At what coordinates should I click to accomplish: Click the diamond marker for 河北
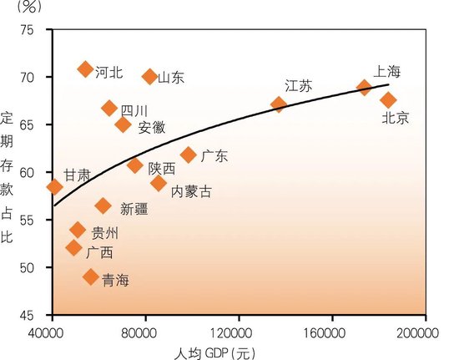click(85, 68)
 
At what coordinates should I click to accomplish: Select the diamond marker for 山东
click(150, 77)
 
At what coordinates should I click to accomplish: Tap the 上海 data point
click(364, 87)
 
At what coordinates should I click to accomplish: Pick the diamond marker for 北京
click(388, 100)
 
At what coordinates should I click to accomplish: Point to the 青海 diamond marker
click(91, 277)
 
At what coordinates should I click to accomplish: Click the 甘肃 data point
click(54, 187)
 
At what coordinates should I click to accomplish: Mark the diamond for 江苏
click(279, 104)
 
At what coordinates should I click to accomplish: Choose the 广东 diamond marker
click(189, 155)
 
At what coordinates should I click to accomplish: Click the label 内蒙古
click(191, 191)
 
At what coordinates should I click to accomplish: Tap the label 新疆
click(136, 209)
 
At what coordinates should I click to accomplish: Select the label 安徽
click(152, 127)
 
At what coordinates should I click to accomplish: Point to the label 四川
click(134, 110)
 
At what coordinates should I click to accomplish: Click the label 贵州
click(105, 233)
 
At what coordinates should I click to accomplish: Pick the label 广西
click(99, 251)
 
